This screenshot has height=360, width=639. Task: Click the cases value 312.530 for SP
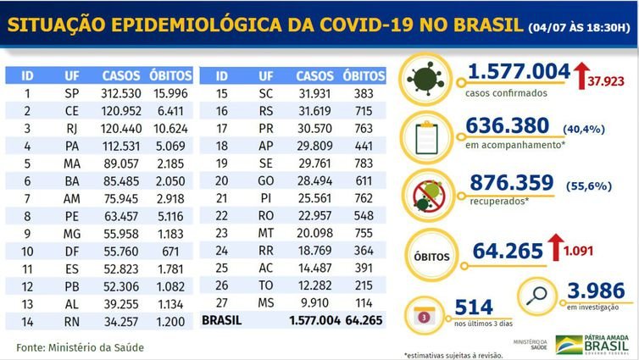point(121,93)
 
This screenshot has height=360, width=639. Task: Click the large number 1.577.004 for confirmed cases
point(518,74)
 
